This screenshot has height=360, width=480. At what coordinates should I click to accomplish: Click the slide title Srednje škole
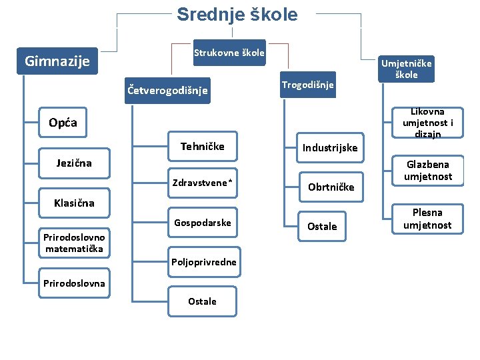pyautogui.click(x=237, y=15)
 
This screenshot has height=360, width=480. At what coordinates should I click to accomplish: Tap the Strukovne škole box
pyautogui.click(x=229, y=53)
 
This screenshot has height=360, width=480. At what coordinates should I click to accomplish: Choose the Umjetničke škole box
pyautogui.click(x=405, y=69)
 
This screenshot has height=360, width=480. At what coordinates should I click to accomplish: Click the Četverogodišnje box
pyautogui.click(x=167, y=90)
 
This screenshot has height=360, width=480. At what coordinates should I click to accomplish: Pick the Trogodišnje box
pyautogui.click(x=307, y=85)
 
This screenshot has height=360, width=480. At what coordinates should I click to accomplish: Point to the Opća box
pyautogui.click(x=63, y=122)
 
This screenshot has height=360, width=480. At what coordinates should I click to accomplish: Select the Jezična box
pyautogui.click(x=74, y=163)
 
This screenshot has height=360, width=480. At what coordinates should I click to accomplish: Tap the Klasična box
pyautogui.click(x=74, y=203)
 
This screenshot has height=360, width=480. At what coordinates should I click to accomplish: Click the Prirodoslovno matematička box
pyautogui.click(x=74, y=243)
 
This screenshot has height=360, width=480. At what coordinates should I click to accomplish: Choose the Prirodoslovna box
pyautogui.click(x=74, y=283)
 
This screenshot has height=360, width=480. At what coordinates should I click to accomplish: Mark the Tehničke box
pyautogui.click(x=203, y=147)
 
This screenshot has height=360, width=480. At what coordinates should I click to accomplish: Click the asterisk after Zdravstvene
pyautogui.click(x=231, y=182)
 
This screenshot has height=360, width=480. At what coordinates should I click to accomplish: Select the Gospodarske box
pyautogui.click(x=203, y=223)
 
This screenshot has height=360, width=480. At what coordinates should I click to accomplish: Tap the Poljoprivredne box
pyautogui.click(x=203, y=262)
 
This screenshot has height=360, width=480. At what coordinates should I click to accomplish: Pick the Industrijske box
pyautogui.click(x=330, y=147)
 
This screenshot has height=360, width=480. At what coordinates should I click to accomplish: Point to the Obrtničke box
pyautogui.click(x=330, y=187)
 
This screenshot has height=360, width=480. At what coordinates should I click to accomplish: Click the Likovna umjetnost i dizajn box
pyautogui.click(x=427, y=123)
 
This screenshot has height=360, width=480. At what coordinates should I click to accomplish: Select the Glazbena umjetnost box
pyautogui.click(x=427, y=171)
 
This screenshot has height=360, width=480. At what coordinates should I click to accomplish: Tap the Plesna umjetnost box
pyautogui.click(x=427, y=219)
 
